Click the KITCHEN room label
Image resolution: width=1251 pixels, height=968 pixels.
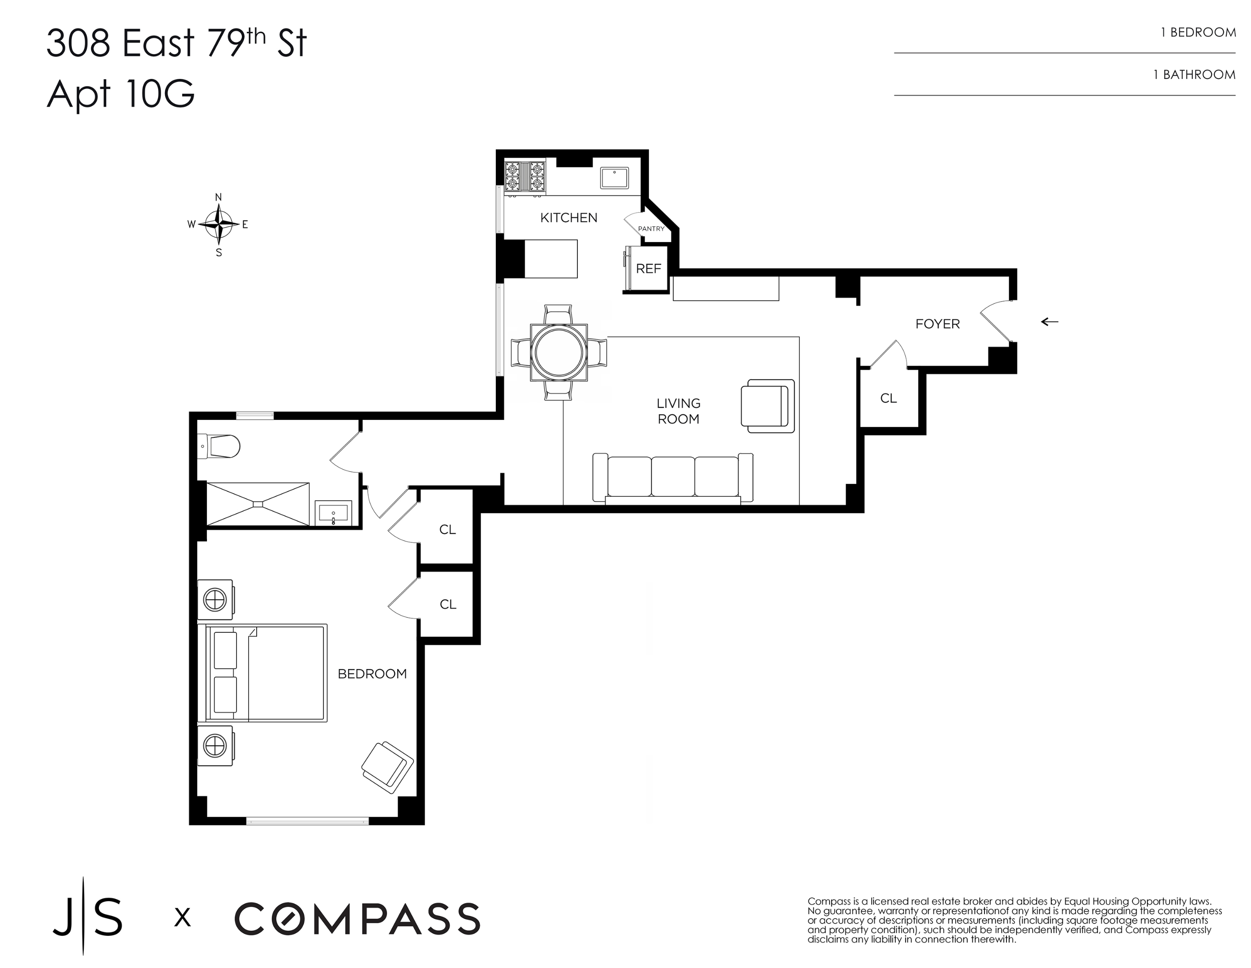[568, 218]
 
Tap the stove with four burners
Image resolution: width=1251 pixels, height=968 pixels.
[524, 177]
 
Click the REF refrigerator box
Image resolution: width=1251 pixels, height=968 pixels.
[649, 268]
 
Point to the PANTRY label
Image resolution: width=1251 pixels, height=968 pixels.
[651, 229]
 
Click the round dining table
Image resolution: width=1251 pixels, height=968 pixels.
[559, 352]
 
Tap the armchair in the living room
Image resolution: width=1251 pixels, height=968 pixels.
[767, 406]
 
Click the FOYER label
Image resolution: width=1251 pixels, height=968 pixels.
[937, 324]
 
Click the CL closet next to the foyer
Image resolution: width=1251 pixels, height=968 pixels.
[888, 398]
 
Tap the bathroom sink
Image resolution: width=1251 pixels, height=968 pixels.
[333, 512]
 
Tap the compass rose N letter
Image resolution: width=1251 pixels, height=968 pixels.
[218, 197]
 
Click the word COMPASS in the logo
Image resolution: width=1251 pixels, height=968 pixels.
[357, 919]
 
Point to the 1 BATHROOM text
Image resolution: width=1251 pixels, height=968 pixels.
[1194, 74]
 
